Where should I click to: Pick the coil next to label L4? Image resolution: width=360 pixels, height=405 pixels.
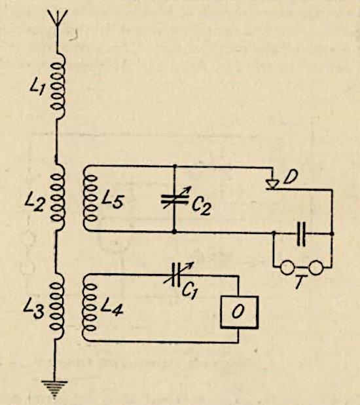[x=89, y=307]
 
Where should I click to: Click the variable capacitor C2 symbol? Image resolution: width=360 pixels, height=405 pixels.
[x=175, y=199]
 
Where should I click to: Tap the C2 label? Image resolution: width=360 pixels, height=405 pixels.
[x=202, y=206]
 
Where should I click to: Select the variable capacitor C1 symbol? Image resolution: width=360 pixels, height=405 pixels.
[x=177, y=275]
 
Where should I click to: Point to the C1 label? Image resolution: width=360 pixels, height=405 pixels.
[x=190, y=292]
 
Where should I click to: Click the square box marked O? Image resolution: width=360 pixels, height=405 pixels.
[x=239, y=312]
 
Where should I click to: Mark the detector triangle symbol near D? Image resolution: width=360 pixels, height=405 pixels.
[x=272, y=184]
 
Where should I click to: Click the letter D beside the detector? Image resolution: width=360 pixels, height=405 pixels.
[x=291, y=176]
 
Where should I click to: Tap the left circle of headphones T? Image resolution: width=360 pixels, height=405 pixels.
[x=287, y=267]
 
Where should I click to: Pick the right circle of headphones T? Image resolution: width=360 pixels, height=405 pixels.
[x=316, y=267]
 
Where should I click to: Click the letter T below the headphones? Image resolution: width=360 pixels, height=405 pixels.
[x=301, y=281]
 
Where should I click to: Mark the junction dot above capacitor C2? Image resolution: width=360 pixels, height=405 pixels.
[x=175, y=166]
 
